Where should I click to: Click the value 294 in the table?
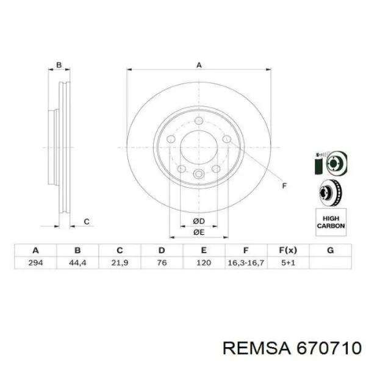[35, 262]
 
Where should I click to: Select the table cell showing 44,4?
[77, 262]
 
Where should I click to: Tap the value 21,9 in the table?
[120, 262]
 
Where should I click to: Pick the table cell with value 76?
[162, 262]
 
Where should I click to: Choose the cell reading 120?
[204, 262]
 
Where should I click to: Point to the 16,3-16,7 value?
[246, 262]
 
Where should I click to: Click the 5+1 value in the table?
[289, 262]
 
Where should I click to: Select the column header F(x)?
[289, 250]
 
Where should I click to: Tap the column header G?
[331, 250]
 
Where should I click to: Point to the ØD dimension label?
[198, 220]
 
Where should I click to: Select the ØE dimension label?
[198, 232]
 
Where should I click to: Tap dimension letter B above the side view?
[59, 65]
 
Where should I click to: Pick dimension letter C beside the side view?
[87, 221]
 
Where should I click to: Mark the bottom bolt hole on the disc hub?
[198, 175]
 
